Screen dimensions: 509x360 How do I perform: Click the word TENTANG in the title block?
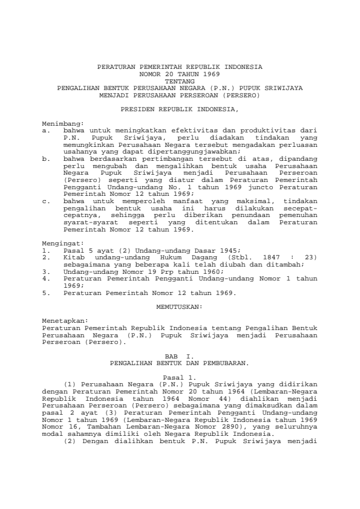click(180, 80)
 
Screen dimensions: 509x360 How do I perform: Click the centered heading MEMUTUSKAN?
click(180, 290)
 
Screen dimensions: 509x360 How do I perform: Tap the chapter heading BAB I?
click(180, 357)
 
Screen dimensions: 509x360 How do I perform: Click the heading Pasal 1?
click(180, 377)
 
